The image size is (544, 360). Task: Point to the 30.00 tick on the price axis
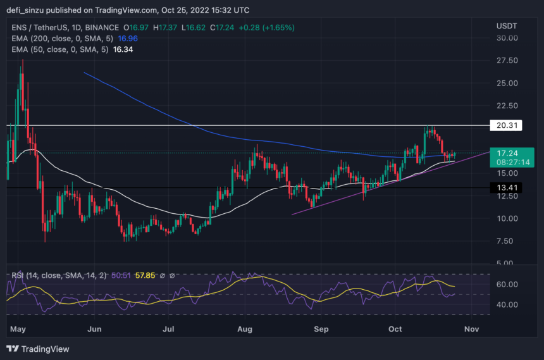508,38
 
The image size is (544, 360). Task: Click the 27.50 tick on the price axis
508,61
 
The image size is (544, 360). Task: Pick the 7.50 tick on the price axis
508,241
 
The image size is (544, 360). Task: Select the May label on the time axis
18,329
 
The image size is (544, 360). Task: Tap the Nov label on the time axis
471,329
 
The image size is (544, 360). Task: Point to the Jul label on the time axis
168,329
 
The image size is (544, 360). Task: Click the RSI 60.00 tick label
508,285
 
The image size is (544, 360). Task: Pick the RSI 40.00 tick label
508,304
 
